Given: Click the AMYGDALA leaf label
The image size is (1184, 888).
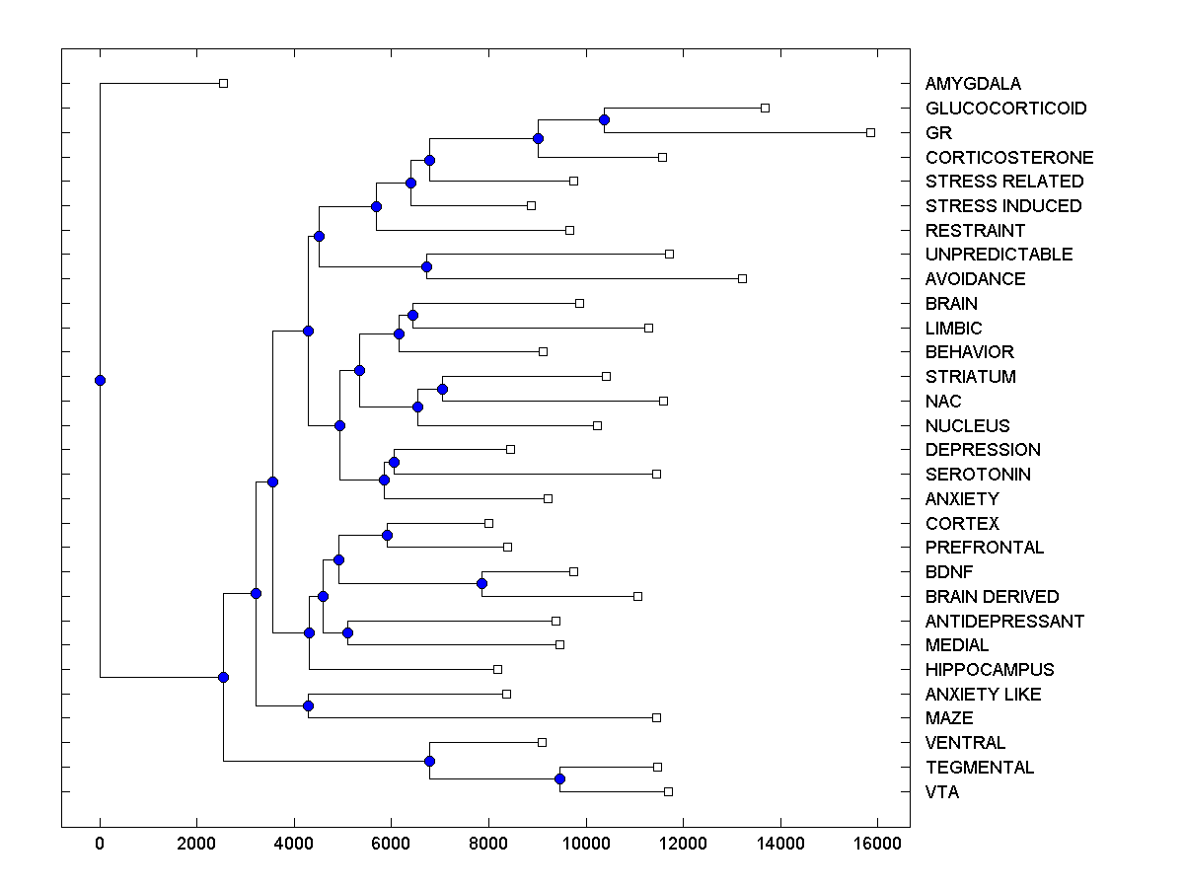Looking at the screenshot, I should pos(973,84).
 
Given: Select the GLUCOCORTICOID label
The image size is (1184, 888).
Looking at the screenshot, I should pos(1005,109).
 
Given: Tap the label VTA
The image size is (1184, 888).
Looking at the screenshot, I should pos(941,792).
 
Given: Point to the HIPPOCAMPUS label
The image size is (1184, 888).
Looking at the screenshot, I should pos(990,670).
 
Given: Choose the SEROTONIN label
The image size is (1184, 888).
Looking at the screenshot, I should pos(978,475).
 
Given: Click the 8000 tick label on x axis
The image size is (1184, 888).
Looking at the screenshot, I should pos(488,843).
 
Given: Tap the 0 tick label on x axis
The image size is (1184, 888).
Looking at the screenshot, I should pos(100,843).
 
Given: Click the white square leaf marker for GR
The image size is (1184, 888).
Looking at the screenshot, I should pos(870,132).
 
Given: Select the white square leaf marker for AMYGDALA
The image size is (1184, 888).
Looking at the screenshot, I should pos(223,84).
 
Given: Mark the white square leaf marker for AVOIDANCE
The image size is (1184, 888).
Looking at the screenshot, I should pos(743,278).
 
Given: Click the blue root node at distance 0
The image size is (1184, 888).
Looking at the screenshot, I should pos(100,380).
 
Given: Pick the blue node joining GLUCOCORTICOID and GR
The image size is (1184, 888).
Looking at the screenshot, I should pos(604,120).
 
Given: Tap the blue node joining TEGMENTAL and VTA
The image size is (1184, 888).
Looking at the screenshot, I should pos(559,779).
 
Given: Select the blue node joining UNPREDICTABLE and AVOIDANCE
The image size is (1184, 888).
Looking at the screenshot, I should pos(427,266).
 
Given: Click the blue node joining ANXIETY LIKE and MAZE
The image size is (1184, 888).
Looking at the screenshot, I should pos(308,706).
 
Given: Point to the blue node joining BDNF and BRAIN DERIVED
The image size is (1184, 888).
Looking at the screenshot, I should pos(481,584).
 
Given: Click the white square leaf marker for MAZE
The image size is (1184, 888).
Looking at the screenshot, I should pos(656,718).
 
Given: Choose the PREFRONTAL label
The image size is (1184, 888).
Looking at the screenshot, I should pos(985,548).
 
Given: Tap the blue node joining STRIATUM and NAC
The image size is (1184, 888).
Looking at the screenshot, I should pos(442,389).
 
